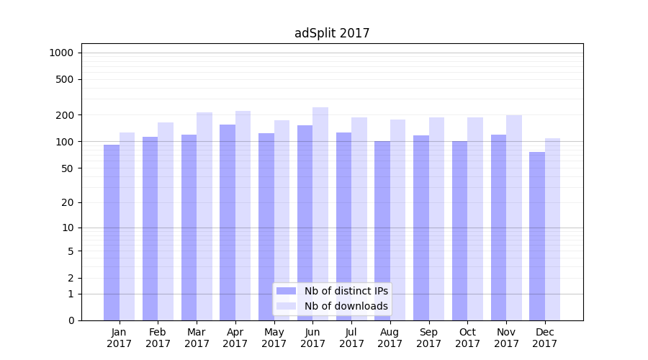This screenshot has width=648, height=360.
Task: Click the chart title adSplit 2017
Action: point(332,33)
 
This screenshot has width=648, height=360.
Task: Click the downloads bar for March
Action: point(204,216)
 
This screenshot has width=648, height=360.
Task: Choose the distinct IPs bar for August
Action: point(382,230)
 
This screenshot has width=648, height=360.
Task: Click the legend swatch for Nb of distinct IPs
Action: point(287,291)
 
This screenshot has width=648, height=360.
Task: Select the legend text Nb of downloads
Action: point(346,306)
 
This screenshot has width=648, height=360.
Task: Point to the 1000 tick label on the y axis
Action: point(61,53)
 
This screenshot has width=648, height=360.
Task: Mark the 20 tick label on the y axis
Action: point(68,202)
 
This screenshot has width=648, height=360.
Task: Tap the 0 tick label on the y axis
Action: point(71,320)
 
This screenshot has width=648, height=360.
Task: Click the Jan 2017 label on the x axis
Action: point(120,338)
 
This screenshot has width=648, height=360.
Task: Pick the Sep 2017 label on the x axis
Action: point(428,338)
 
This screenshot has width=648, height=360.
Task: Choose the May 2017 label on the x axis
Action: point(274,338)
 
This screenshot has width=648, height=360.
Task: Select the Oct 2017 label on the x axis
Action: point(467,338)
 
